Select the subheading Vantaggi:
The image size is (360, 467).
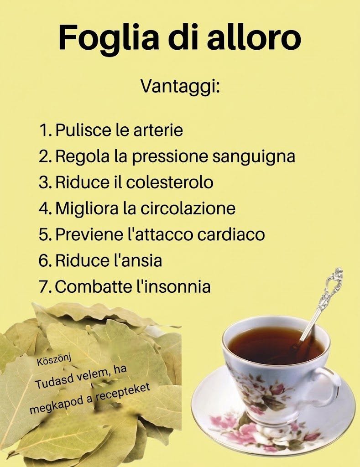click(x=180, y=88)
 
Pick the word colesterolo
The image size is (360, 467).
click(x=170, y=182)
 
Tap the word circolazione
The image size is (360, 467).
click(x=188, y=208)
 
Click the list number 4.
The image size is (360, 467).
click(x=45, y=208)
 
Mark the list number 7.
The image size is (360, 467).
click(x=45, y=287)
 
